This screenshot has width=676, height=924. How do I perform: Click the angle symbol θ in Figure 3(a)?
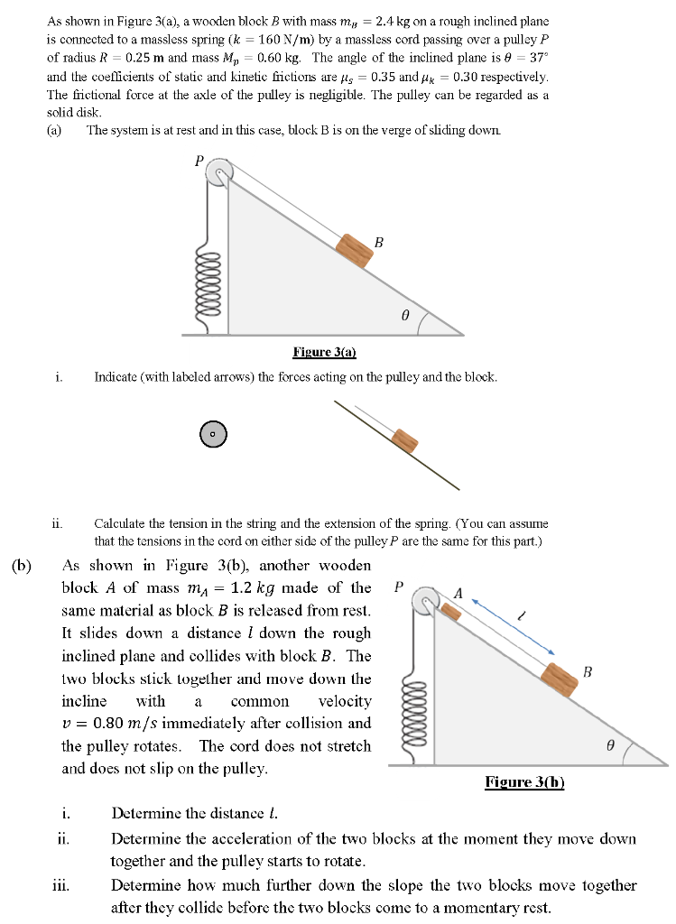(x=405, y=315)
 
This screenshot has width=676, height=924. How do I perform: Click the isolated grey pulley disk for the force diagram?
(x=213, y=434)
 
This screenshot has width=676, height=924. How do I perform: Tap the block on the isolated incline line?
(x=405, y=439)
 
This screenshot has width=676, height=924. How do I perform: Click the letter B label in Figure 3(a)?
(x=379, y=242)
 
